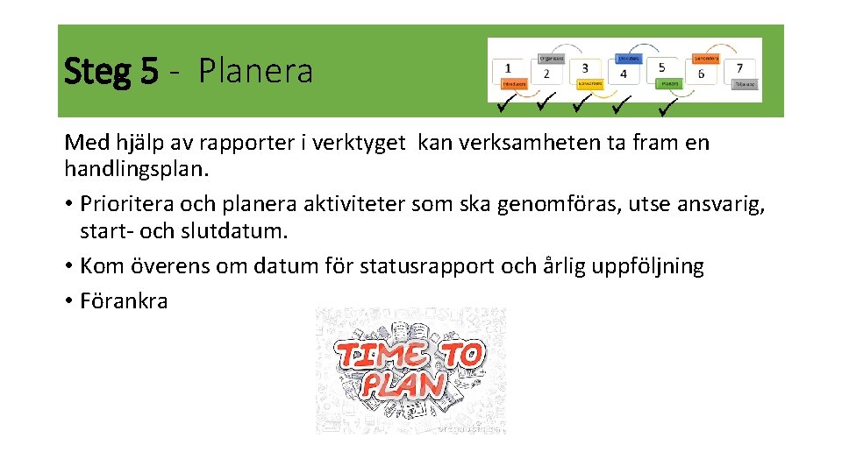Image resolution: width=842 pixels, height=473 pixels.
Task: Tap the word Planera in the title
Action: pyautogui.click(x=255, y=71)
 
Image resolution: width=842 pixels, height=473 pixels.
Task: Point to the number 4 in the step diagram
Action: pyautogui.click(x=624, y=74)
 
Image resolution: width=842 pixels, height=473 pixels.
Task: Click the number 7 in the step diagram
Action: pyautogui.click(x=739, y=67)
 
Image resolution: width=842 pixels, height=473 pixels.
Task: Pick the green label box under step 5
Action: pyautogui.click(x=670, y=84)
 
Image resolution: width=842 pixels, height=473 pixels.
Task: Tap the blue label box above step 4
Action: pyautogui.click(x=629, y=57)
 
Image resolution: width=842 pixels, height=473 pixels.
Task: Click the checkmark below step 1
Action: pyautogui.click(x=505, y=107)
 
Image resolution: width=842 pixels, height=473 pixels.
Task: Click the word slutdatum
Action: pyautogui.click(x=238, y=232)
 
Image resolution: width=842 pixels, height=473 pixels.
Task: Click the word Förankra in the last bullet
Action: pyautogui.click(x=124, y=300)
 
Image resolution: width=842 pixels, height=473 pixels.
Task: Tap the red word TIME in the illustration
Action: pyautogui.click(x=382, y=355)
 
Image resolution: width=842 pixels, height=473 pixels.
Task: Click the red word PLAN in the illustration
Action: pyautogui.click(x=403, y=385)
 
